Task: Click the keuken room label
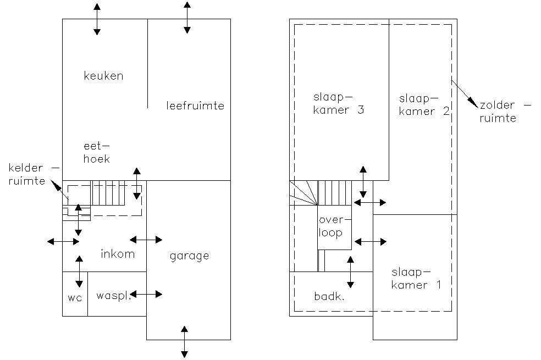pyautogui.click(x=103, y=75)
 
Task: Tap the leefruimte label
pyautogui.click(x=195, y=105)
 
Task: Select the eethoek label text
pyautogui.click(x=97, y=152)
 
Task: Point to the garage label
pyautogui.click(x=190, y=256)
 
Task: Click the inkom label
pyautogui.click(x=118, y=254)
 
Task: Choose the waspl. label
pyautogui.click(x=113, y=296)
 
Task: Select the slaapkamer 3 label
pyautogui.click(x=339, y=103)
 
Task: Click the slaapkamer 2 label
pyautogui.click(x=424, y=105)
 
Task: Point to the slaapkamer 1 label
pyautogui.click(x=416, y=279)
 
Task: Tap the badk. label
pyautogui.click(x=329, y=296)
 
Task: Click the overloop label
pyautogui.click(x=330, y=226)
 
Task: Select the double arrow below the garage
pyautogui.click(x=185, y=342)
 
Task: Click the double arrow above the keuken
pyautogui.click(x=97, y=19)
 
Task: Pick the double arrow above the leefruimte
pyautogui.click(x=187, y=18)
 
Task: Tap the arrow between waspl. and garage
pyautogui.click(x=146, y=294)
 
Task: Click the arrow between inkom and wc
pyautogui.click(x=79, y=272)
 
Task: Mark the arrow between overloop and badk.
pyautogui.click(x=351, y=272)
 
